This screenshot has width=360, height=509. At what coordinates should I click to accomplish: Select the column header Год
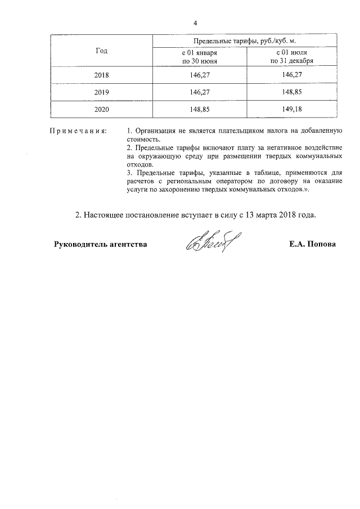point(102,51)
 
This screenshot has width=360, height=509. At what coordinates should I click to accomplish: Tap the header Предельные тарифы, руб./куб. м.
point(248,42)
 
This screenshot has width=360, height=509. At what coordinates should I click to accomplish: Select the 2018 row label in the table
point(102,74)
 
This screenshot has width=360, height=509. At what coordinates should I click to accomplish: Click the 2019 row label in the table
point(102,92)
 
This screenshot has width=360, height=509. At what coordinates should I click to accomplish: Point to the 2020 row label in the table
point(102,110)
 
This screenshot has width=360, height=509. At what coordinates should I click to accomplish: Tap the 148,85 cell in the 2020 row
point(200,110)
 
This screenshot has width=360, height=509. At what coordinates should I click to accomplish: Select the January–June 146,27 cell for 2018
point(200,74)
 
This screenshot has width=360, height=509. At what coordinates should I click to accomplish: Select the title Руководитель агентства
point(101,245)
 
